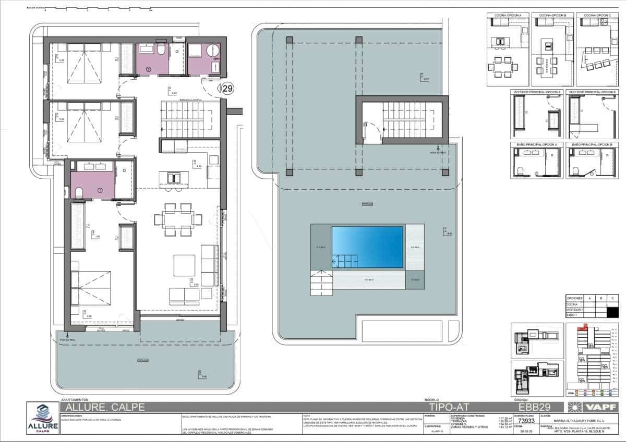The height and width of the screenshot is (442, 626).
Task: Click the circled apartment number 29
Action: [x=227, y=89]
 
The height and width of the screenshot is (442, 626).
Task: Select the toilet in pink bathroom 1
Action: [x=79, y=193]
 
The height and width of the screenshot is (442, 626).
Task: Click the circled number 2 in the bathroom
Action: [x=148, y=69]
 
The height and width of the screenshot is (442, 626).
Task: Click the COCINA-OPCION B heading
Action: [x=552, y=16]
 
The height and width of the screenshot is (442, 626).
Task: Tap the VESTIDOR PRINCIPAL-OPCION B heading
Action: [x=591, y=92]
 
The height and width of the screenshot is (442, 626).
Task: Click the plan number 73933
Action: [x=524, y=421]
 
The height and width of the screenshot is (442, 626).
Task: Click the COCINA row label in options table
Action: [x=573, y=303]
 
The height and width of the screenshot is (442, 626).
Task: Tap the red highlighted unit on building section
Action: [x=584, y=328]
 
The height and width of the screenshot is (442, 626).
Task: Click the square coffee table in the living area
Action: [x=184, y=265]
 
